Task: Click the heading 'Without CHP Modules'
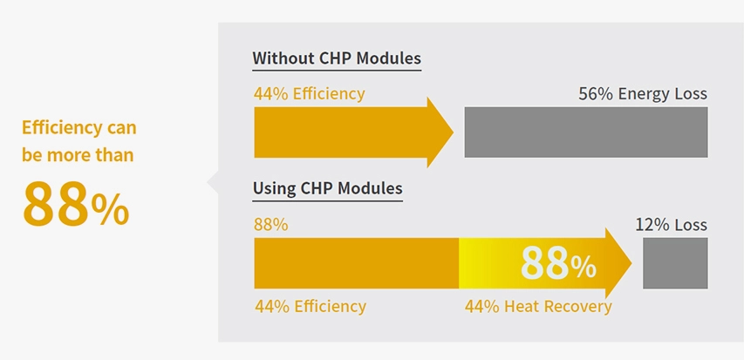[337, 58]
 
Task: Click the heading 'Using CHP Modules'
[327, 188]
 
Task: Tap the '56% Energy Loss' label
[643, 94]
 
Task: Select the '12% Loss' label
[671, 225]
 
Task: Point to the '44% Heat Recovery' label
[538, 307]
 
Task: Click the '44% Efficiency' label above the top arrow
[310, 94]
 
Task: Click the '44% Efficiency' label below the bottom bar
[311, 307]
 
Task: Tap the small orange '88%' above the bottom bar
[271, 225]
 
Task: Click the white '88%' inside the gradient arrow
[558, 263]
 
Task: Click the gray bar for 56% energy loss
[586, 132]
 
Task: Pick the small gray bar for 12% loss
[675, 262]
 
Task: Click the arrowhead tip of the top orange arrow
[454, 132]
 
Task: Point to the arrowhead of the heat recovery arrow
[618, 263]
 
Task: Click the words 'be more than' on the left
[78, 155]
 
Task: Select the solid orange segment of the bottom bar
[357, 263]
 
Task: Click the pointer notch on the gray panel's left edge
[212, 182]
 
